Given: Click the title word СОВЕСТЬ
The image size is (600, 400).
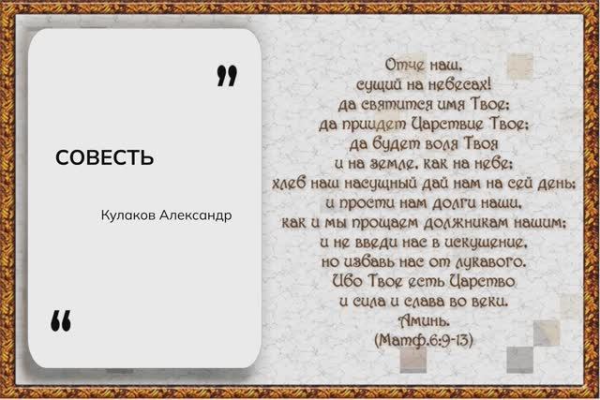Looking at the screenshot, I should pos(104,156).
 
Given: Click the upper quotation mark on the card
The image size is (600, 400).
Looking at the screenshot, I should pos(226,76).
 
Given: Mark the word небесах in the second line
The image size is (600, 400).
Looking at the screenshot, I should pos(458,82).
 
